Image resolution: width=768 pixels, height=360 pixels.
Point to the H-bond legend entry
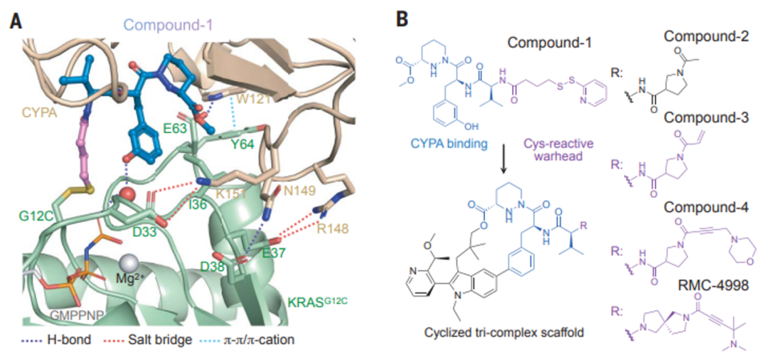tap(58, 339)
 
